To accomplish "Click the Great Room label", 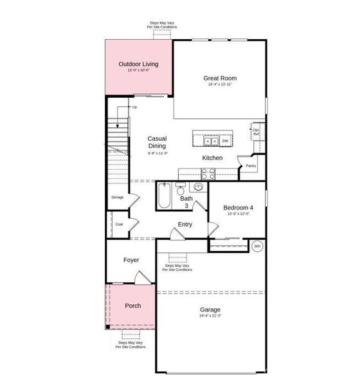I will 221,78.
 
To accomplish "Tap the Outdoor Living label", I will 138,64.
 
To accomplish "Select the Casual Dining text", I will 157,142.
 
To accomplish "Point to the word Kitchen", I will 213,158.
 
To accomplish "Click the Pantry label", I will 251,165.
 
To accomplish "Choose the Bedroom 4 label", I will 238,208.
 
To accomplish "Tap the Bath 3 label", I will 186,202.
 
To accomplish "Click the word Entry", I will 185,225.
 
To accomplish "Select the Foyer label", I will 131,260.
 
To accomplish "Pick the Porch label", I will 132,306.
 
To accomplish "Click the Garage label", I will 210,309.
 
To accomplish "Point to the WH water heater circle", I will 257,246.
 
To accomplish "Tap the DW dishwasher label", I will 225,140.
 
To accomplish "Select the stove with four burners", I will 209,172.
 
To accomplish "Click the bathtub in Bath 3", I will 164,197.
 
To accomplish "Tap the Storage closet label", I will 117,197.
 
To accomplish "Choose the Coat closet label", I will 119,225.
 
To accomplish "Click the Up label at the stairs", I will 134,107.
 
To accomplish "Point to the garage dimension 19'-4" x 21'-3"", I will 210,316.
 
